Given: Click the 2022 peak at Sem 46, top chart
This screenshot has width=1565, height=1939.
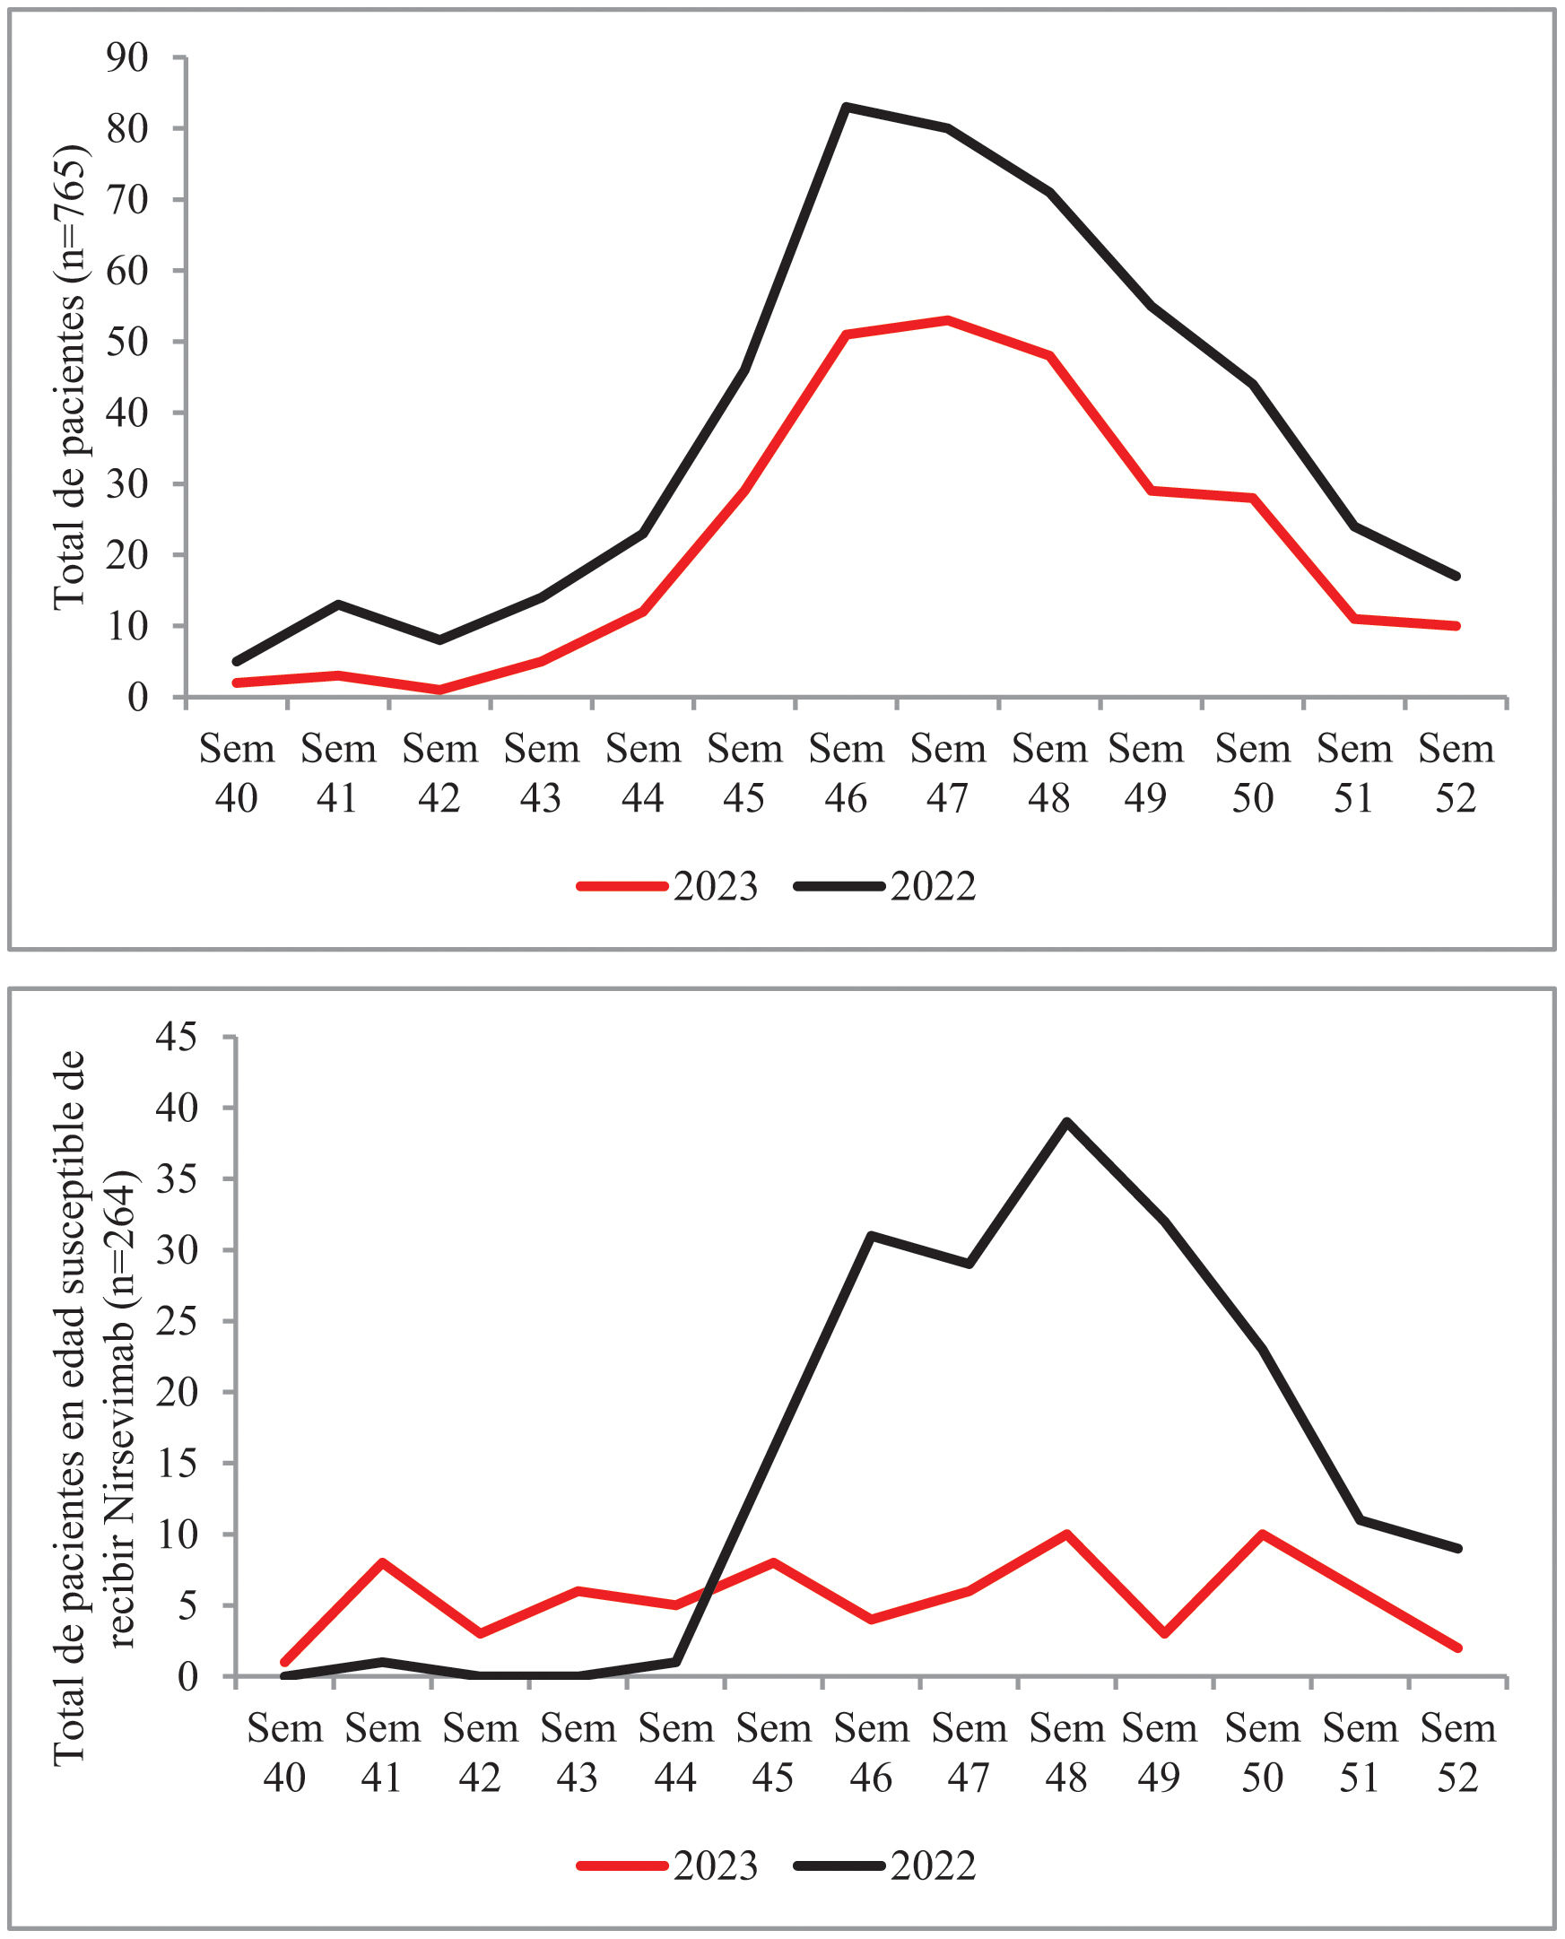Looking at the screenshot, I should pyautogui.click(x=846, y=107).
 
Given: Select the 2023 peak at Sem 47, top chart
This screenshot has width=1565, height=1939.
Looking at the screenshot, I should pyautogui.click(x=947, y=320).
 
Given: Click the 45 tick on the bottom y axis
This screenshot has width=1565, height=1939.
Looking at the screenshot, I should pyautogui.click(x=176, y=1038).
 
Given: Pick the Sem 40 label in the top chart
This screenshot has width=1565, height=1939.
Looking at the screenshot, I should pyautogui.click(x=236, y=773).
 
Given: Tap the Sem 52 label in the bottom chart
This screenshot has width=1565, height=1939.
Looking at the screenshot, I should pyautogui.click(x=1457, y=1752).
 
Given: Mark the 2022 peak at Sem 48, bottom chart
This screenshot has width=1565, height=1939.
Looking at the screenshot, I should pyautogui.click(x=1066, y=1122).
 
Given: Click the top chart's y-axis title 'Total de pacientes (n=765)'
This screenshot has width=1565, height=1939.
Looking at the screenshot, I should pyautogui.click(x=69, y=378).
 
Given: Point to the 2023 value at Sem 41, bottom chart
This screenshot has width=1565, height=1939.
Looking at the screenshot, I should pyautogui.click(x=382, y=1562).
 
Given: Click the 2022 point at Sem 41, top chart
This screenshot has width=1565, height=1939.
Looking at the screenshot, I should pyautogui.click(x=338, y=604).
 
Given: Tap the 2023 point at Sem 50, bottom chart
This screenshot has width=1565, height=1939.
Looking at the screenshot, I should pyautogui.click(x=1262, y=1534).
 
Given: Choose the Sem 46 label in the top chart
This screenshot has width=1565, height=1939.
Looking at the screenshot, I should pyautogui.click(x=846, y=773).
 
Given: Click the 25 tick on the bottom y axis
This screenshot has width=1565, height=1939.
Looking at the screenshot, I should pyautogui.click(x=176, y=1321).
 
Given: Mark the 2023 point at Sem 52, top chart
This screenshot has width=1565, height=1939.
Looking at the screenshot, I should pyautogui.click(x=1456, y=626).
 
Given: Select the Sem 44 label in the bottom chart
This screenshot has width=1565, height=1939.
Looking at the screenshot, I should pyautogui.click(x=676, y=1752).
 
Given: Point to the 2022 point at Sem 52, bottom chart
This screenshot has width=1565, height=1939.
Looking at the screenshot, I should pyautogui.click(x=1457, y=1549).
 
